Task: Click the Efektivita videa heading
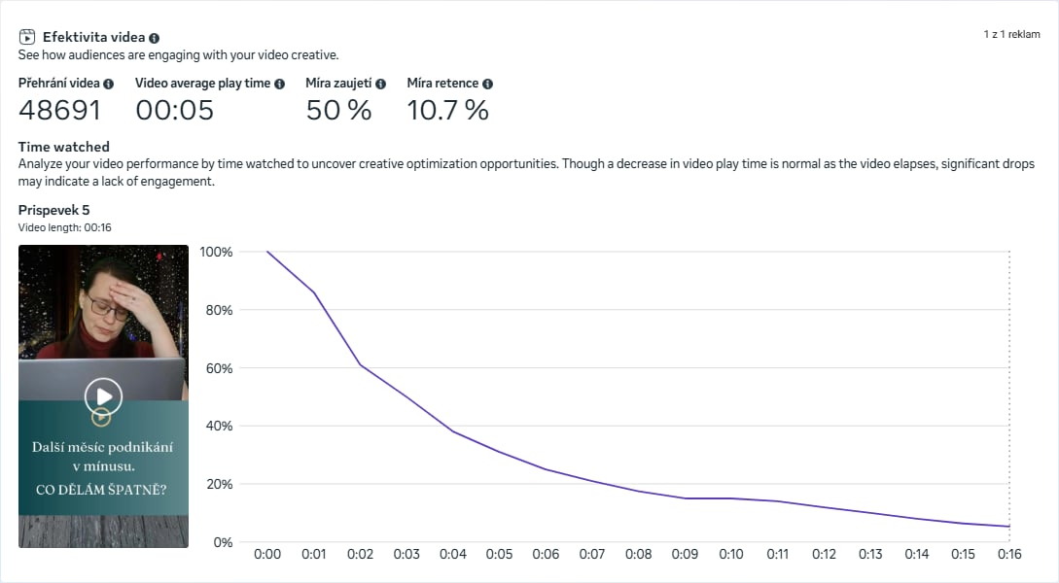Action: (x=93, y=37)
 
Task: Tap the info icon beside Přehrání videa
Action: (x=109, y=84)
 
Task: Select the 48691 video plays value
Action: (x=59, y=110)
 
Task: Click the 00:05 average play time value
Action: (x=174, y=110)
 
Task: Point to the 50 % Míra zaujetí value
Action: (x=338, y=110)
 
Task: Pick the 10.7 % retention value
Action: (x=447, y=110)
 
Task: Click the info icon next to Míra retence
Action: (x=487, y=84)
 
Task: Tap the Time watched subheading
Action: (x=63, y=147)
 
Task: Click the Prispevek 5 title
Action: (x=53, y=210)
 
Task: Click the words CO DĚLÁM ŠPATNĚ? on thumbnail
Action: (x=101, y=490)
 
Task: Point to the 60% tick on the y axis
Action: (x=216, y=368)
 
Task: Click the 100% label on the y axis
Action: (x=216, y=252)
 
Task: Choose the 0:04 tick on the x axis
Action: (x=453, y=554)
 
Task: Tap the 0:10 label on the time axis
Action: (x=731, y=554)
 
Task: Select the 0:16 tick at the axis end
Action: (x=1009, y=554)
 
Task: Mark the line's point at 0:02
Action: (x=360, y=364)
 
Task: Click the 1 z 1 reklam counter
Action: (x=1011, y=34)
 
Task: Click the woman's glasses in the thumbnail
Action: (x=107, y=309)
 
